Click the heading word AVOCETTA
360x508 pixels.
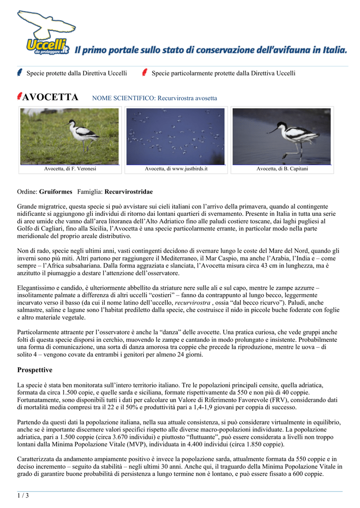[51, 97]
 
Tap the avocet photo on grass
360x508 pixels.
[70, 136]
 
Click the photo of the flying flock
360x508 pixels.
[176, 136]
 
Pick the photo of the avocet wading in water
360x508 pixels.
[282, 136]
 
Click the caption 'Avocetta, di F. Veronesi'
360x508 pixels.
[70, 169]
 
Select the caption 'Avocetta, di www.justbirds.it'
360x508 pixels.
[176, 169]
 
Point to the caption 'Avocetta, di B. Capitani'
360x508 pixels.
[282, 169]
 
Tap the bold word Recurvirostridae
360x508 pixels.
[129, 191]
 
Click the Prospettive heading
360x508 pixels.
[35, 370]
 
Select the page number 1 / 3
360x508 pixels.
[23, 495]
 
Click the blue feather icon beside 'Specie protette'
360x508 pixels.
[19, 72]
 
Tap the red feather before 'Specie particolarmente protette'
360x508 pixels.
[144, 72]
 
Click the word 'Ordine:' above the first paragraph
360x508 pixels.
[27, 191]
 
